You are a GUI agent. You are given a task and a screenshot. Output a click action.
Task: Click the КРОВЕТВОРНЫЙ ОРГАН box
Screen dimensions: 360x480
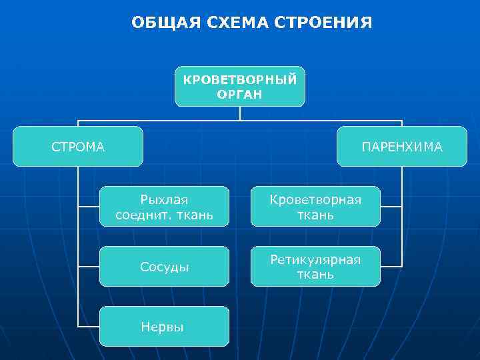tap(240, 87)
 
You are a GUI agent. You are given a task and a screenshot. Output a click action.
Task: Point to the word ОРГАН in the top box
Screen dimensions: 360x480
tap(240, 95)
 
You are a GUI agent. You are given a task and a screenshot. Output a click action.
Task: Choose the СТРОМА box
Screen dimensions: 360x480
tap(78, 146)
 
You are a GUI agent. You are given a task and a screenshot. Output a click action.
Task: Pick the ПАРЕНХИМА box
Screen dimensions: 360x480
tap(402, 146)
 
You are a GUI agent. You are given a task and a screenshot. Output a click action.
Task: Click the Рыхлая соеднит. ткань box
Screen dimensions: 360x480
tap(164, 207)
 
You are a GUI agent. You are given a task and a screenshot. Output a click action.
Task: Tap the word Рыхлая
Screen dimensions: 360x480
tap(164, 199)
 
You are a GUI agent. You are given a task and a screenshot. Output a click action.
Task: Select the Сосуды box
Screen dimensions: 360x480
tap(164, 267)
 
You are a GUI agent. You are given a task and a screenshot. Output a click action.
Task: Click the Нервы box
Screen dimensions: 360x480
tap(164, 326)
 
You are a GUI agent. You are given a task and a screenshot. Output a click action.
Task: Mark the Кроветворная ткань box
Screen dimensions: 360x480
tap(315, 207)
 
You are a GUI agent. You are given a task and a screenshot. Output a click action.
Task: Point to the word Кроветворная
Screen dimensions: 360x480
tap(315, 199)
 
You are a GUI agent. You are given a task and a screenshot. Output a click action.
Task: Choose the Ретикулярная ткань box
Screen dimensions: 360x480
tap(315, 267)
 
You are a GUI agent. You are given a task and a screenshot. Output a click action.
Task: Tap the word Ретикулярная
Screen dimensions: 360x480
tap(315, 259)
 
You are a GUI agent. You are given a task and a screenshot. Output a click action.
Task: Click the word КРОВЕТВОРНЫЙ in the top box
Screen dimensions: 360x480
tap(240, 79)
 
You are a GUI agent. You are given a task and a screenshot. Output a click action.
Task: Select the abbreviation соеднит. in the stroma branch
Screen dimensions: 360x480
tap(141, 215)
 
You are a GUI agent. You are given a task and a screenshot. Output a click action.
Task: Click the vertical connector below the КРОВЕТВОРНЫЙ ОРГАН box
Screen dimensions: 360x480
tap(240, 113)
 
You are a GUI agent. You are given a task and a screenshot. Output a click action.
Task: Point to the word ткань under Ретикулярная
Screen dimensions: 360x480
tap(315, 274)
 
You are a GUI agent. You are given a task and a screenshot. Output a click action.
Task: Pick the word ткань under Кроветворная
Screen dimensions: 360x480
tap(315, 215)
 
